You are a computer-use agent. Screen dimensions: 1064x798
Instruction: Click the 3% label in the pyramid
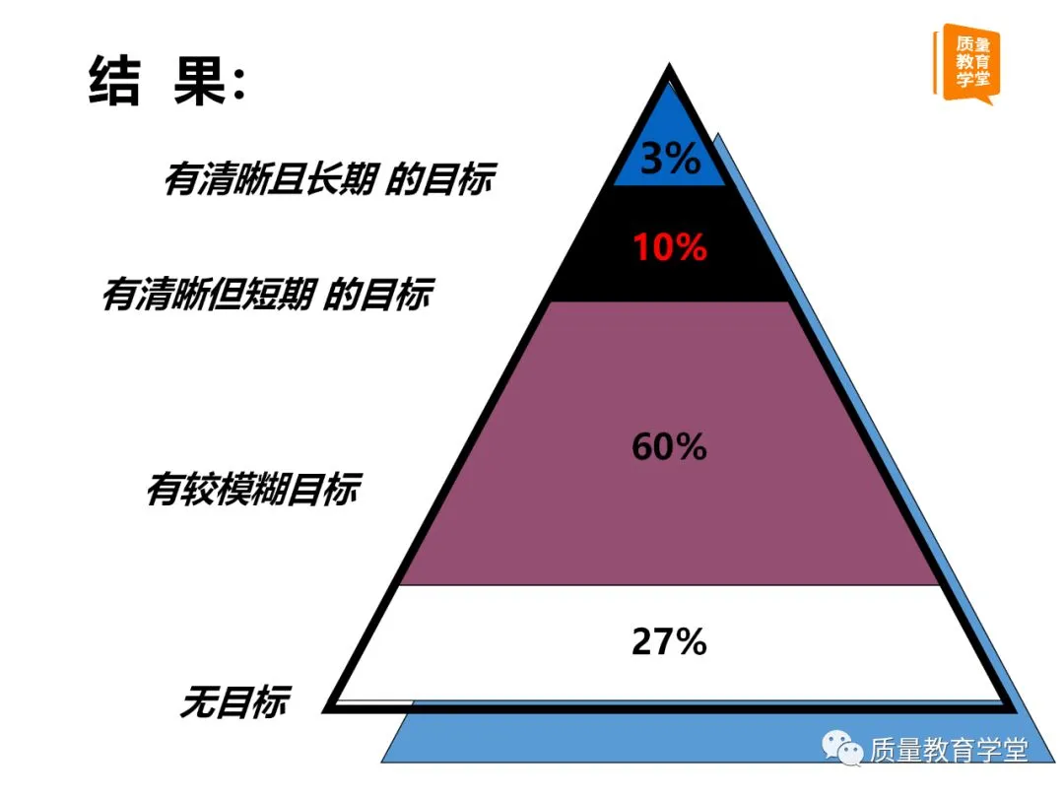670,158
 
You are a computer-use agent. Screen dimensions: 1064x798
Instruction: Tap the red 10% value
670,247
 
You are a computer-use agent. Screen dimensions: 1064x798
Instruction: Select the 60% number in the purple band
670,447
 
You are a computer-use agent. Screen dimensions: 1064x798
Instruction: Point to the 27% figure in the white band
670,642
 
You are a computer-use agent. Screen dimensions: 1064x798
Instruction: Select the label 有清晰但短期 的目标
266,295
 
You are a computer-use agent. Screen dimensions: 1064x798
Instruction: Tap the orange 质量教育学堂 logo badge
966,61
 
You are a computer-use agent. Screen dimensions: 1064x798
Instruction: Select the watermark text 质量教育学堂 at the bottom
948,751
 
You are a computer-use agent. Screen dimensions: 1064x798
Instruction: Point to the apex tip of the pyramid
670,71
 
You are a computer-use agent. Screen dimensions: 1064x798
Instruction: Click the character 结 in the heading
116,81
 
